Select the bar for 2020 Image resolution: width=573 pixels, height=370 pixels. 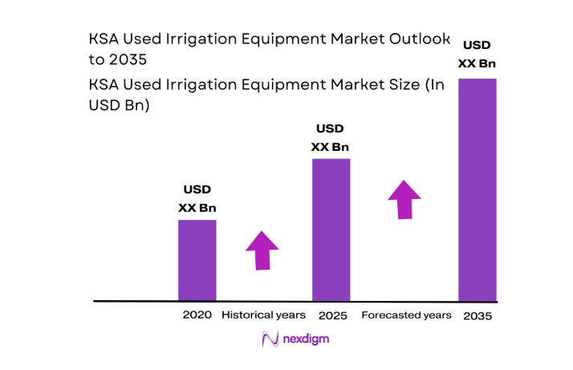pos(197,259)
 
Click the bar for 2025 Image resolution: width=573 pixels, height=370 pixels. pos(331,229)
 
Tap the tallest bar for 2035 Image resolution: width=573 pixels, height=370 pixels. pos(477,189)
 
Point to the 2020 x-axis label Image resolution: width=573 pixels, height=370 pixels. pos(197,315)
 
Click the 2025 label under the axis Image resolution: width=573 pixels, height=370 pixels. pos(332,315)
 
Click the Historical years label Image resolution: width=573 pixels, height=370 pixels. pos(263,315)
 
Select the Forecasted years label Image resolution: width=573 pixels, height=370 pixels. pos(406,315)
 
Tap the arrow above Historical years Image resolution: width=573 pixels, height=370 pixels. pos(262,250)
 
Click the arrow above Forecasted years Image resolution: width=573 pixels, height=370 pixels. pos(404,199)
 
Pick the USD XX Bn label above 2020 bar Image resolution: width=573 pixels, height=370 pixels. pos(197,199)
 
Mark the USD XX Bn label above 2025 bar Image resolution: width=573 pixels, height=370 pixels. pos(331,137)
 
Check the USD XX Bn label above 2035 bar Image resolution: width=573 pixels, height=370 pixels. pos(477,54)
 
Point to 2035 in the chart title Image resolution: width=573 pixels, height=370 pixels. pos(128,59)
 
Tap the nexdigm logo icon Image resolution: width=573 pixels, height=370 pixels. pos(270,340)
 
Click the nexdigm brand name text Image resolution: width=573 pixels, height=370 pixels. pos(306,340)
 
